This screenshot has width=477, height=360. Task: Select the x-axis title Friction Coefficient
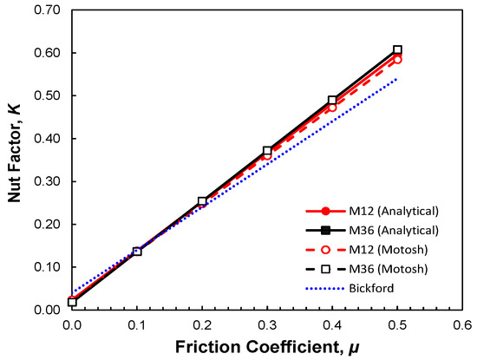pyautogui.click(x=260, y=345)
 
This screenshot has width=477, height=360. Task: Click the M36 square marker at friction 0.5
pyautogui.click(x=397, y=50)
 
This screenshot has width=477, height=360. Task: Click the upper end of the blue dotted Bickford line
pyautogui.click(x=397, y=79)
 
